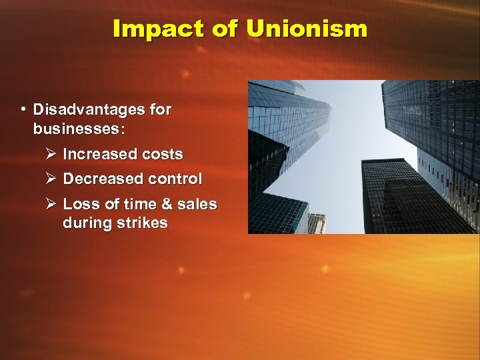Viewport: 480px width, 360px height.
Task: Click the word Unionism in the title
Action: [306, 29]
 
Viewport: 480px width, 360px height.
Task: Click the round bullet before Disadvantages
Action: [23, 109]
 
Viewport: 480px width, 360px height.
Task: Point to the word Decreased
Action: [103, 179]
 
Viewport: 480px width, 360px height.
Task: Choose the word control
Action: [175, 179]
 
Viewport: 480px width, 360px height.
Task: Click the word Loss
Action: [79, 204]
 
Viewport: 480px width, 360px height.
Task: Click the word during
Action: [85, 223]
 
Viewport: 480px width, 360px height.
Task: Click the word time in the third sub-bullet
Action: [138, 204]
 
